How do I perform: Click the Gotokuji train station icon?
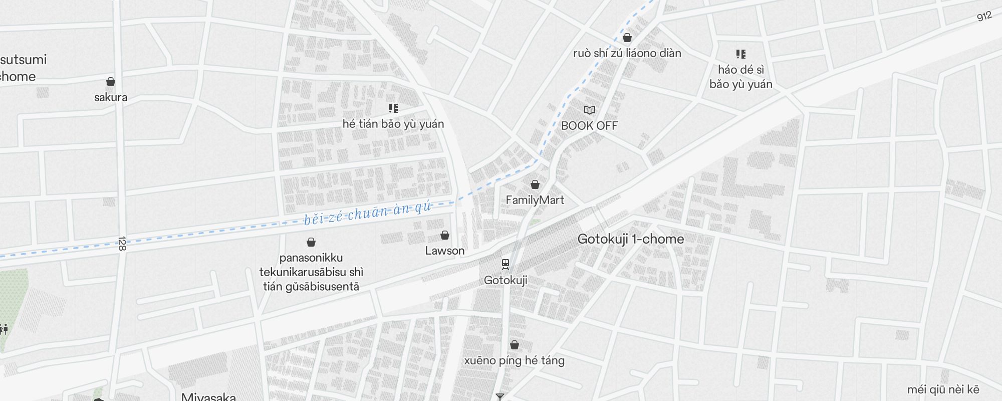[x=506, y=264]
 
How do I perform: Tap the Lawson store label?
[x=445, y=251]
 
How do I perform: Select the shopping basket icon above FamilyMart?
[x=535, y=184]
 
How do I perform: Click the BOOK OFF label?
[x=589, y=126]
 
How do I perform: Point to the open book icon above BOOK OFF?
[x=590, y=110]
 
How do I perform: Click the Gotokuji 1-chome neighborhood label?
[x=630, y=239]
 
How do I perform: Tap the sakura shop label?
[x=111, y=97]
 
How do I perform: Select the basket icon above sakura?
[x=111, y=82]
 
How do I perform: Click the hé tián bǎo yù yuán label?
[x=393, y=124]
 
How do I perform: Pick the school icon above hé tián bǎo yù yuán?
[x=393, y=108]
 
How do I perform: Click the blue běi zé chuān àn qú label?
[x=367, y=213]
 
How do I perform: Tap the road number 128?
[x=122, y=244]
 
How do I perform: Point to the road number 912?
[x=984, y=17]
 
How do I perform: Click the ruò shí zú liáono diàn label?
[x=627, y=53]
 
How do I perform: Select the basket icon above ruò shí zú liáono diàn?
[x=627, y=38]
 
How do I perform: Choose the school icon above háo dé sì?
[x=741, y=54]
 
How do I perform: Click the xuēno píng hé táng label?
[x=514, y=361]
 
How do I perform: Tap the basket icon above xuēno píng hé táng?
[x=515, y=345]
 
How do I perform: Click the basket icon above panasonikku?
[x=311, y=242]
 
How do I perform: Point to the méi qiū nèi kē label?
[x=943, y=390]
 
